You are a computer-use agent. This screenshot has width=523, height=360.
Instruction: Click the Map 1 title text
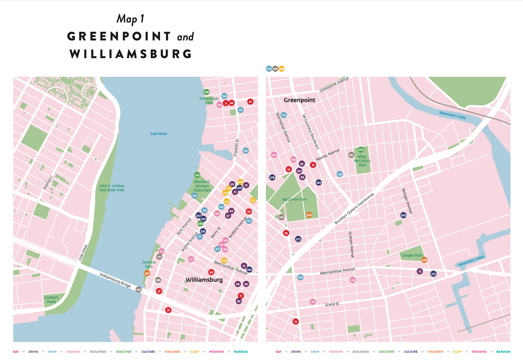point(130,19)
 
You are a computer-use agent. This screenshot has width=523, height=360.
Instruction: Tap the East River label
point(159,134)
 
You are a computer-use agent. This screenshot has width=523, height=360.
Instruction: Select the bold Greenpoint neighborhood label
point(299,100)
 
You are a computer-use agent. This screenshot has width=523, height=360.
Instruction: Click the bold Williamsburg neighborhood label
point(204,280)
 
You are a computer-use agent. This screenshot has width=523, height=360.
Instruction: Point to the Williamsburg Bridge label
point(115,280)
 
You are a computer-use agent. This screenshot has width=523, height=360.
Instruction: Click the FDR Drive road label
point(83,252)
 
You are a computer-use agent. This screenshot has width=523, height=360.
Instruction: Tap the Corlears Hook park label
point(51,300)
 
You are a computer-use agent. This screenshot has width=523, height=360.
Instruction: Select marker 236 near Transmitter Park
point(206,92)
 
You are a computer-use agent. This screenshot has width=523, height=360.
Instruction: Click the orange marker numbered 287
point(147,274)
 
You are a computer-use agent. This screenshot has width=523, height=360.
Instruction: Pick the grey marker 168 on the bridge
point(139,290)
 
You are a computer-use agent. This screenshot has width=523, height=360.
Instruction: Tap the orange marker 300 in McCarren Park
point(309,215)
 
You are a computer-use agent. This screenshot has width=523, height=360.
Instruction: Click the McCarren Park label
point(294,199)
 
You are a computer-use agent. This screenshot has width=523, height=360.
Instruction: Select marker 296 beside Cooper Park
point(424,260)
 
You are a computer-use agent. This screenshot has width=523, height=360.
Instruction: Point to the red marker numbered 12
point(296,322)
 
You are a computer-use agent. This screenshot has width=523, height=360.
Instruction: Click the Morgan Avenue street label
point(407,201)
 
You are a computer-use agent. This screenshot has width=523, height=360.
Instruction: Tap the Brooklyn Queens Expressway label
point(354,208)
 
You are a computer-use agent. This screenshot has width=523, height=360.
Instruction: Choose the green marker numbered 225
point(361,150)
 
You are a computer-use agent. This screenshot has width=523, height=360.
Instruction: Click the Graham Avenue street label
point(351,245)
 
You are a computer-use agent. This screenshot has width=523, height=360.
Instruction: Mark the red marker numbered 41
point(250,102)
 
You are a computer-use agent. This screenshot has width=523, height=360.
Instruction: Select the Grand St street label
point(332,304)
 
